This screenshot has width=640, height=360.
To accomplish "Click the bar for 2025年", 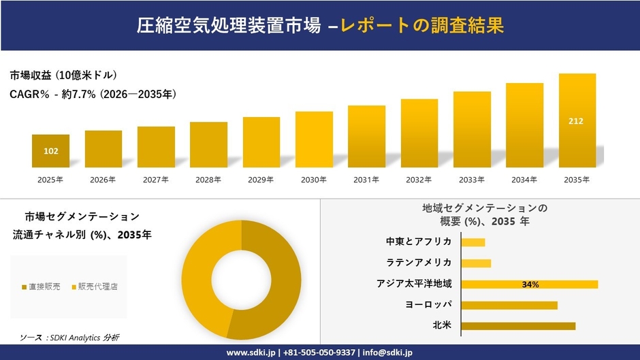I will click(50, 151).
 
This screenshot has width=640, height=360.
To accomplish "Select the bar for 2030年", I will click(314, 140).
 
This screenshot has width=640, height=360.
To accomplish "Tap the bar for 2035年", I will click(577, 120).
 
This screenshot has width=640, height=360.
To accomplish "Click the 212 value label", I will click(576, 121).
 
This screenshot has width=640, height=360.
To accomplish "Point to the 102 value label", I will click(50, 151).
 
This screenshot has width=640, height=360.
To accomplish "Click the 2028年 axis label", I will click(208, 180).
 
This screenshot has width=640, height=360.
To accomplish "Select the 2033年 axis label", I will click(472, 180).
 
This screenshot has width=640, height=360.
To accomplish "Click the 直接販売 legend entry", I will click(41, 287).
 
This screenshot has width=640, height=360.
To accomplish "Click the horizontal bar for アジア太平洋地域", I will click(529, 284).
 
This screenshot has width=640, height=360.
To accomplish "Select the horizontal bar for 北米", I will click(518, 326).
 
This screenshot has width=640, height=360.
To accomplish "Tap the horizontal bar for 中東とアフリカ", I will click(473, 242).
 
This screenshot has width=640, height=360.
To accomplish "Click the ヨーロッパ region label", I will click(428, 305).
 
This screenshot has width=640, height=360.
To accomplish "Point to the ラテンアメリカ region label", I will click(419, 263).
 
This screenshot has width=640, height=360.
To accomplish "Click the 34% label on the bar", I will click(530, 284).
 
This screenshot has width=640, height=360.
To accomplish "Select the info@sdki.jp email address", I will click(387, 353).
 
